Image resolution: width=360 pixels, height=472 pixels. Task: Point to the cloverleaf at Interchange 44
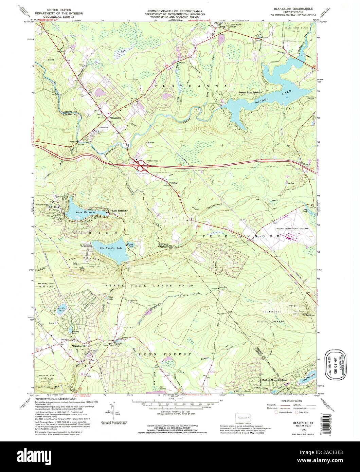(140, 166)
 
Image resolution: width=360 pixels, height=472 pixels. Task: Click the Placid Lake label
(61, 309)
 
